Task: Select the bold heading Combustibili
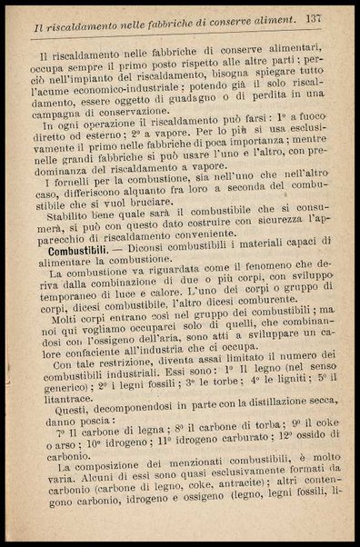tap(81, 248)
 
